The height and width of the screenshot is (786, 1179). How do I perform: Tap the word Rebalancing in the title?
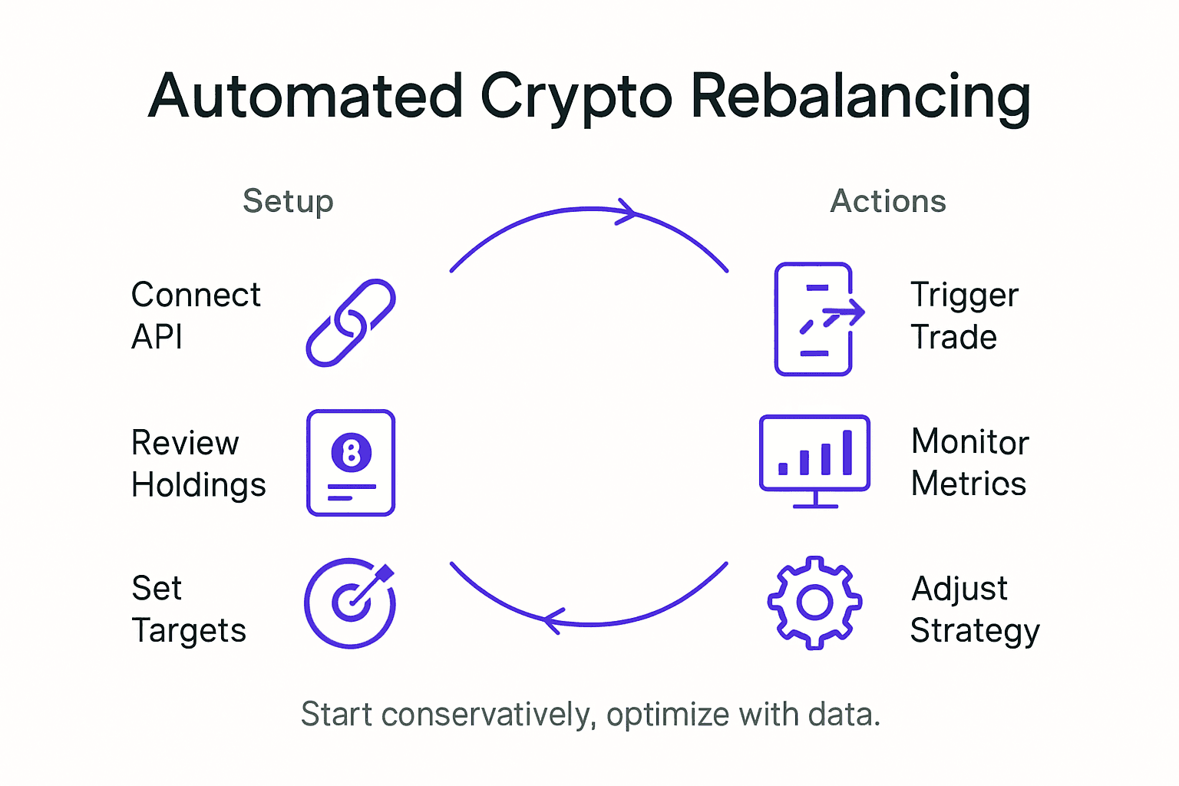(x=860, y=97)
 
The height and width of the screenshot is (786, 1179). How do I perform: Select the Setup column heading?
(x=288, y=201)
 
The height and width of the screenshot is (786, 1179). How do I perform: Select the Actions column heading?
(x=888, y=201)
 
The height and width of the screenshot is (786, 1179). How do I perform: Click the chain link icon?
(x=351, y=322)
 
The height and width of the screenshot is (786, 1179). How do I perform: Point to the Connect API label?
(x=196, y=315)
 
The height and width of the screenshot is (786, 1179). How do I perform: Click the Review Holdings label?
(x=198, y=464)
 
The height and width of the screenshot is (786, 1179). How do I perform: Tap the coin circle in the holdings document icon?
(x=352, y=453)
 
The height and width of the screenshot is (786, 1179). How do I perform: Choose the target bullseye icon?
(x=350, y=603)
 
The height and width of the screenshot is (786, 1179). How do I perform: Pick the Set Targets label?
(x=189, y=609)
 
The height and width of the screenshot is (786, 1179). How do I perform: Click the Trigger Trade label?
(x=964, y=315)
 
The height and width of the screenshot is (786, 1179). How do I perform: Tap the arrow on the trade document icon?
(x=844, y=312)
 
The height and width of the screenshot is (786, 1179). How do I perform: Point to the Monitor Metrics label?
(x=969, y=463)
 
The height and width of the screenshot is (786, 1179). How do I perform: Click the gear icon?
(x=814, y=603)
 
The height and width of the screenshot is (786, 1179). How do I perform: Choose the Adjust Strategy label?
(x=974, y=609)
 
